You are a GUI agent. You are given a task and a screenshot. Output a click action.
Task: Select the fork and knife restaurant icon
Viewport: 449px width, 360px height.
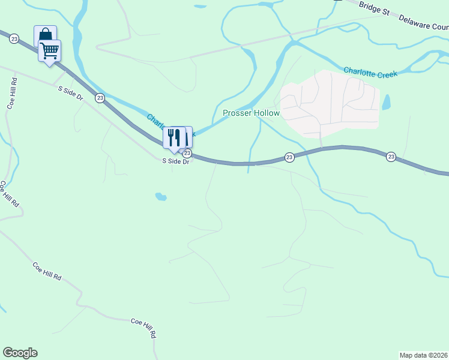[174, 137]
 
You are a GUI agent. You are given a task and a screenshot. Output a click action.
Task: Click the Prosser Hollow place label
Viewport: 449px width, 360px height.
[251, 113]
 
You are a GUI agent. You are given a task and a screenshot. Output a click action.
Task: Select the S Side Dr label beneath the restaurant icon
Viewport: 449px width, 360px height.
[176, 161]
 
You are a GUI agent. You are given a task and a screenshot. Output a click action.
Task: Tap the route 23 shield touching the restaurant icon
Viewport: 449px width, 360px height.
[187, 154]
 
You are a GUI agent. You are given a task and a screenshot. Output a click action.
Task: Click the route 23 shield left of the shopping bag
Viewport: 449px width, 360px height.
[14, 38]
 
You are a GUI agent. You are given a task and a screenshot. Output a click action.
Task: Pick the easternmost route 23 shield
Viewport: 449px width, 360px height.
[391, 157]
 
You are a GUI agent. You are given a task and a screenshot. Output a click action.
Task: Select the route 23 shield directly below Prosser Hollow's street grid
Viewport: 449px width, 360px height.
[289, 157]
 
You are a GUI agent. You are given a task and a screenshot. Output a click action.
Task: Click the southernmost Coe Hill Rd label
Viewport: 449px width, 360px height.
[145, 328]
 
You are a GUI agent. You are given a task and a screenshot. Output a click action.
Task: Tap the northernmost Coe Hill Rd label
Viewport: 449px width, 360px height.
[11, 94]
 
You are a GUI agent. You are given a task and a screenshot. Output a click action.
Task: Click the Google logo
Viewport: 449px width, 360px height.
[20, 353]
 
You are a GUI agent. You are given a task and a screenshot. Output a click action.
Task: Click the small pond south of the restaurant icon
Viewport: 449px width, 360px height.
[160, 196]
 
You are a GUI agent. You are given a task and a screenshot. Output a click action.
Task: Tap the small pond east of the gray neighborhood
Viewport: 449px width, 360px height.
[386, 102]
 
